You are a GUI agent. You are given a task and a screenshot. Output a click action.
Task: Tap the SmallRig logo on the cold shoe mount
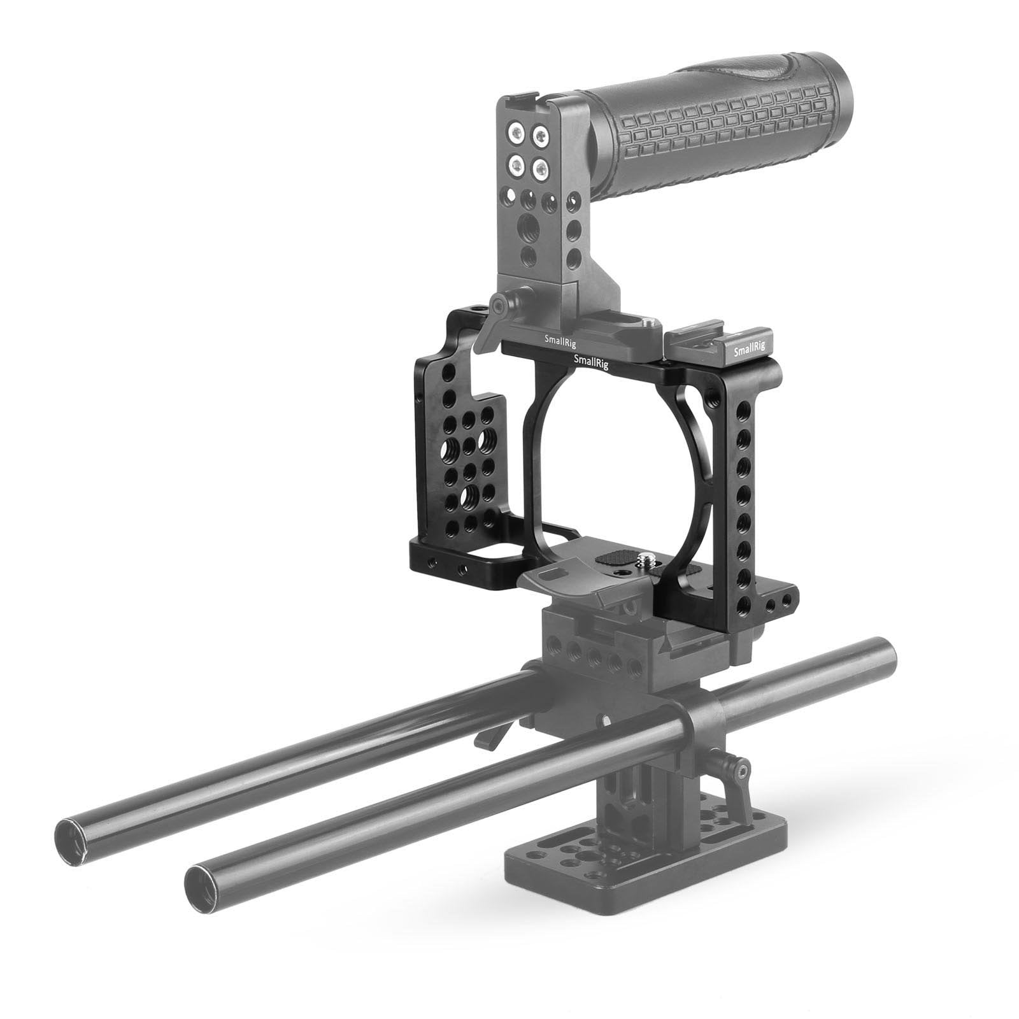(x=749, y=350)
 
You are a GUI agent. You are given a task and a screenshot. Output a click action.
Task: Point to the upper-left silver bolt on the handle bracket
(x=513, y=133)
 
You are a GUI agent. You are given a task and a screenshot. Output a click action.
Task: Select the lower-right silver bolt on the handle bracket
(x=541, y=169)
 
